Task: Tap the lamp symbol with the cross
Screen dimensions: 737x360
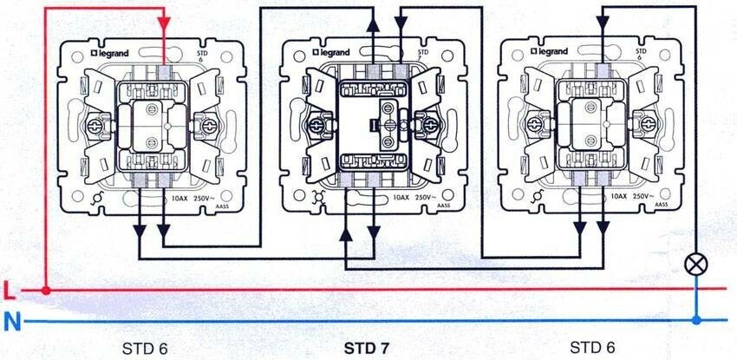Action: (696, 262)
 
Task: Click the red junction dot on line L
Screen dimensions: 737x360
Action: (45, 289)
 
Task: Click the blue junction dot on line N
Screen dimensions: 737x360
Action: (696, 321)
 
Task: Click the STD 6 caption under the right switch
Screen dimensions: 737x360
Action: (594, 348)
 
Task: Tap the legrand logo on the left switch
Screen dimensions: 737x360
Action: (114, 52)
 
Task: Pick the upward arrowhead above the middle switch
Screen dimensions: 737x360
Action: (372, 27)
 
